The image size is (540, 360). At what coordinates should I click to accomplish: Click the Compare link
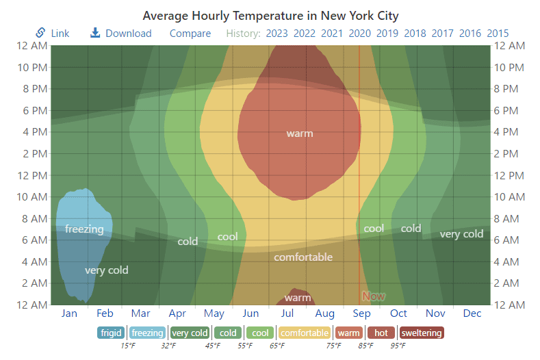pos(190,33)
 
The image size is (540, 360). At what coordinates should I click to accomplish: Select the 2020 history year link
pos(359,33)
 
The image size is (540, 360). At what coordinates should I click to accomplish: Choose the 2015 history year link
pos(498,33)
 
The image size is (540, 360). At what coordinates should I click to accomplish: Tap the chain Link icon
pos(40,33)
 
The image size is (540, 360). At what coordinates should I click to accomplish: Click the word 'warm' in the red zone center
pos(300,133)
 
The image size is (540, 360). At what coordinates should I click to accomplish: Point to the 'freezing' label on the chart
pos(84,229)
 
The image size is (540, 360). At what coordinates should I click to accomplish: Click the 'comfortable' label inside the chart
pos(303,257)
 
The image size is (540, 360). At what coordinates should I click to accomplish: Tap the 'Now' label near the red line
pos(374,296)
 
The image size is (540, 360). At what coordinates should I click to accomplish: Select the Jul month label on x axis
pos(287,313)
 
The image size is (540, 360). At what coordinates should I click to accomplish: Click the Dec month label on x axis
pos(472,313)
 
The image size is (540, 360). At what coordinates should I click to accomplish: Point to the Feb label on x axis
pos(105,313)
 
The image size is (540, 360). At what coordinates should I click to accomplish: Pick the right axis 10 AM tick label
pos(509,196)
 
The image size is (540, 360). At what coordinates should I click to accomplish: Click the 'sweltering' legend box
pos(421,333)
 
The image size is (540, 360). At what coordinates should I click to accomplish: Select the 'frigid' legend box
pos(111,333)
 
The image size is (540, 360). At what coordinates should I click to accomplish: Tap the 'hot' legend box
pos(381,333)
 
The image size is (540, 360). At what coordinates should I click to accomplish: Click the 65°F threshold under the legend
pos(277,346)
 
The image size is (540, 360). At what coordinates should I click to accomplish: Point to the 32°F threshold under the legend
pos(168,346)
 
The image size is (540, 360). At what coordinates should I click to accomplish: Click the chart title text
pos(270,15)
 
